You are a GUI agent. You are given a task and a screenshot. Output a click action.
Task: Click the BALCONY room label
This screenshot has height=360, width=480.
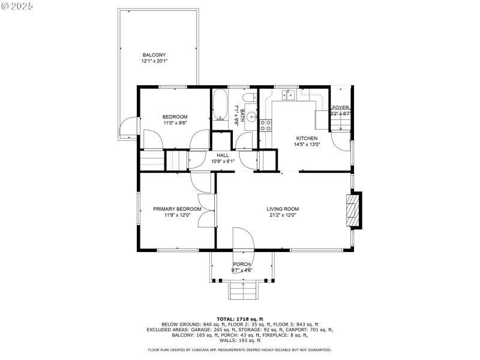tap(154, 55)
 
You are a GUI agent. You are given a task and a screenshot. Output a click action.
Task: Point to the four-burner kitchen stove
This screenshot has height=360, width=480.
tap(265, 125)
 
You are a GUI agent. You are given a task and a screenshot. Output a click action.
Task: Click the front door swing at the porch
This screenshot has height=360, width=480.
tap(242, 238)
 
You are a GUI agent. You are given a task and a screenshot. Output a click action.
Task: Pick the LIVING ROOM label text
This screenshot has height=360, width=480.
tap(283, 209)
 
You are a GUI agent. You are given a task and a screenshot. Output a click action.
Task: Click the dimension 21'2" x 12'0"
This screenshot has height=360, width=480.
tap(283, 215)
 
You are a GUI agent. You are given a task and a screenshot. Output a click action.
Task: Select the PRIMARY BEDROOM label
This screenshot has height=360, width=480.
tap(176, 209)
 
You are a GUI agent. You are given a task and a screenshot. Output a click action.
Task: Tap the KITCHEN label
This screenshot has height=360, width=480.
tap(307, 138)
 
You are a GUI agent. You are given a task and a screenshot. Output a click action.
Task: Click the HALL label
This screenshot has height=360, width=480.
tap(223, 155)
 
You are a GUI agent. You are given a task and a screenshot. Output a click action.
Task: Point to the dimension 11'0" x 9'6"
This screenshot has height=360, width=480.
tap(175, 123)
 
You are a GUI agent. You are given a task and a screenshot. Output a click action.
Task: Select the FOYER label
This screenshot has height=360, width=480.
tap(341, 108)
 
